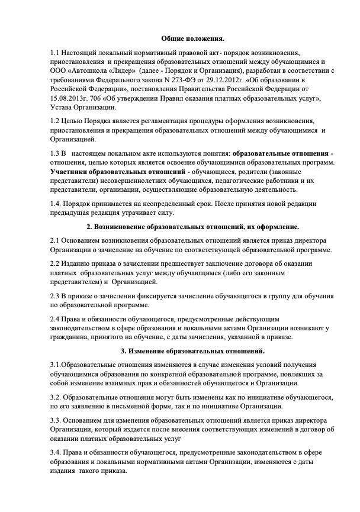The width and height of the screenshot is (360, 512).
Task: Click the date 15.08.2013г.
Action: [68, 98]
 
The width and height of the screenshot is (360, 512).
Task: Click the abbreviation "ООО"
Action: [60, 71]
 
